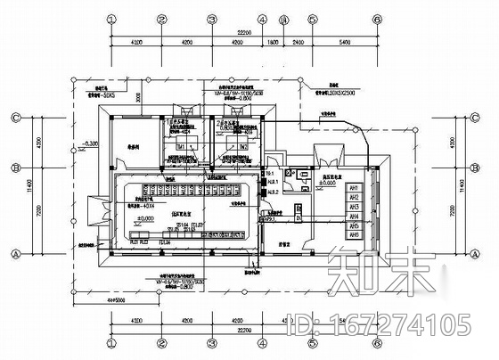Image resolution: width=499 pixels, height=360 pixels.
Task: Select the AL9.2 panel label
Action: click(x=273, y=192)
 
